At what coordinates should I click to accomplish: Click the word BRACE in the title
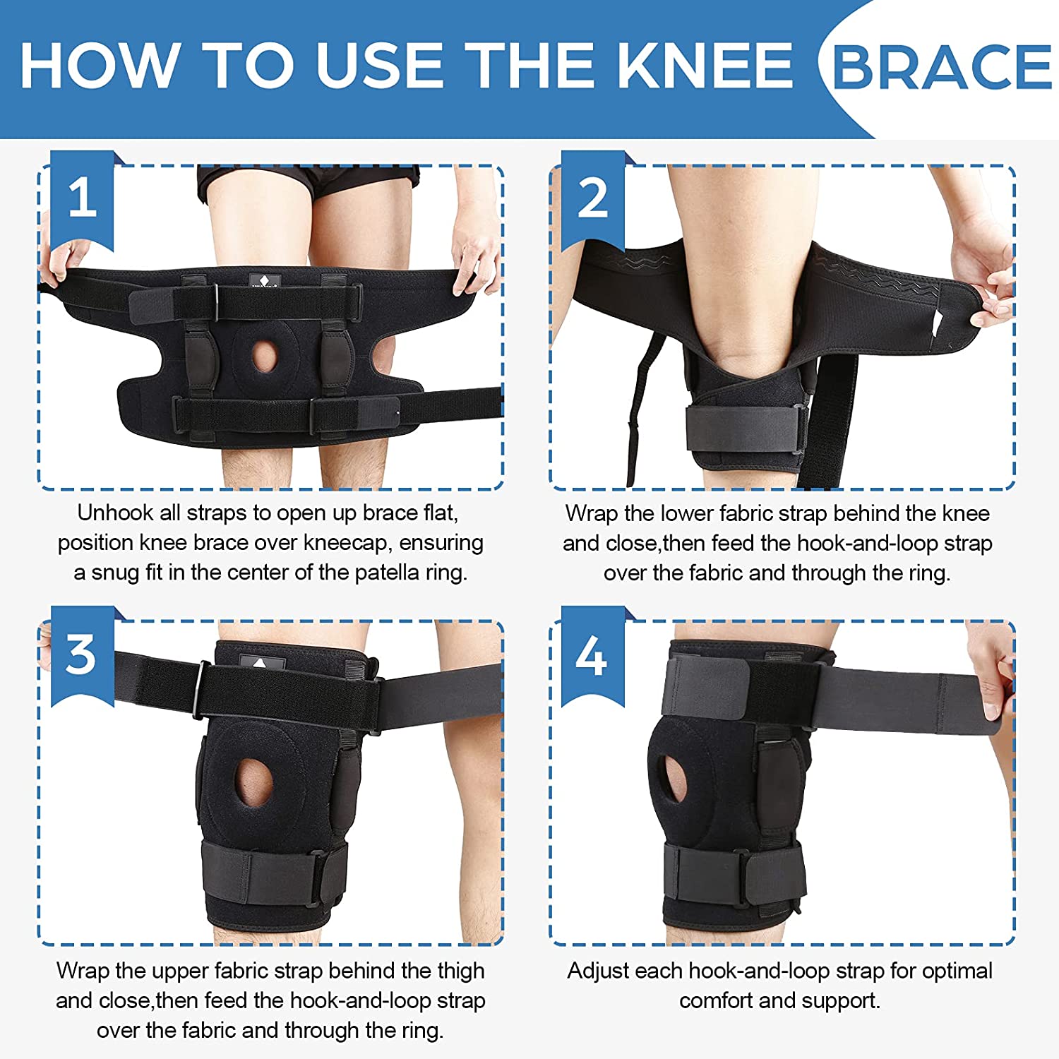(942, 67)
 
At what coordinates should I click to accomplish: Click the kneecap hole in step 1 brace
(264, 356)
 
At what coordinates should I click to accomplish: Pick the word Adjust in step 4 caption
(601, 971)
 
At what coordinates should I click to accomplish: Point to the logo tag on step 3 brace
(262, 664)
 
